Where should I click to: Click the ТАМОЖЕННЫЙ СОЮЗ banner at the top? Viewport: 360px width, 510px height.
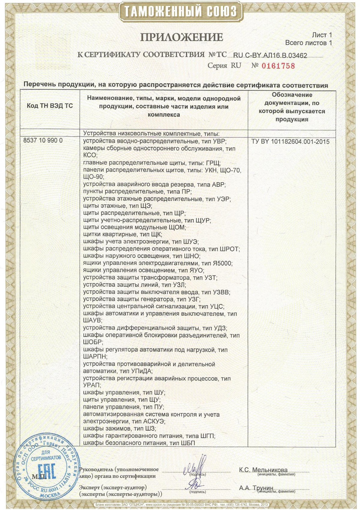[180, 12]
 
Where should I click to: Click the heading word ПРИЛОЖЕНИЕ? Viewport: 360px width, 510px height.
[182, 37]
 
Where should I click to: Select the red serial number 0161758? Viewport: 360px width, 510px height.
[278, 66]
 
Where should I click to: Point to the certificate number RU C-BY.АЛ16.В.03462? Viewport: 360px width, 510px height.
[270, 55]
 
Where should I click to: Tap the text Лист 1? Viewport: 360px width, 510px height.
[322, 35]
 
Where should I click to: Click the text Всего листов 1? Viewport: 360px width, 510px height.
[308, 43]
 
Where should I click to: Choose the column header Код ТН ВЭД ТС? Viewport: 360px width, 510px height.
[50, 106]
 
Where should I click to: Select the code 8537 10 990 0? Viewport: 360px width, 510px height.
[43, 140]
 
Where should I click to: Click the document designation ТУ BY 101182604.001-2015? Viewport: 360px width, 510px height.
[290, 142]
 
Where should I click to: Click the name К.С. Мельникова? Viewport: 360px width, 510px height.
[263, 470]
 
